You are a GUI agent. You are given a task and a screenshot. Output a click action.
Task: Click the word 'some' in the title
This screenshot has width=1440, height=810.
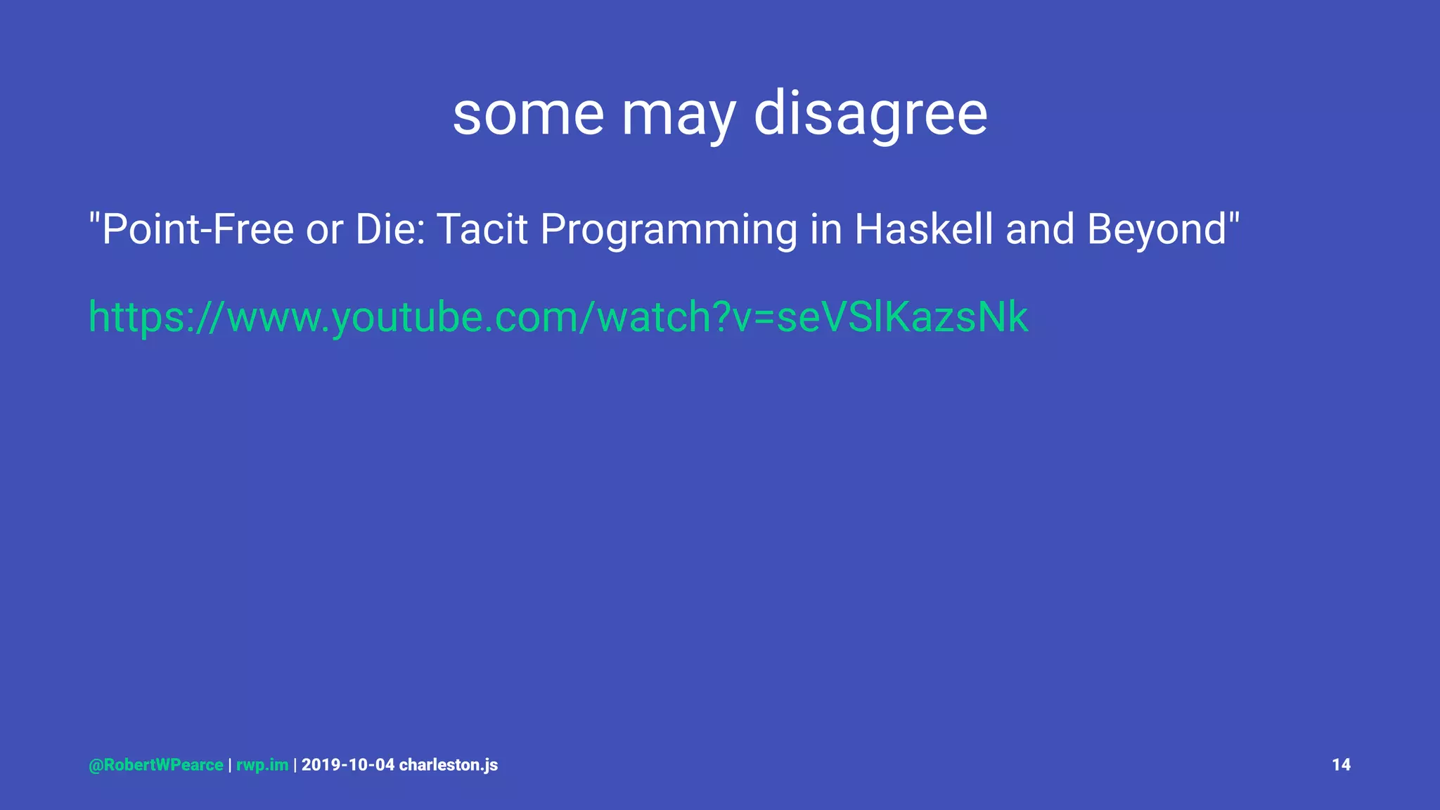(x=528, y=114)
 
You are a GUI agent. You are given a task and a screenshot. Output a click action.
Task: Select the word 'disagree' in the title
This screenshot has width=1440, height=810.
(x=870, y=114)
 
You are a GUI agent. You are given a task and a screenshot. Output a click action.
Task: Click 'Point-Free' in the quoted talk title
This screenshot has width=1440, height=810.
(x=197, y=230)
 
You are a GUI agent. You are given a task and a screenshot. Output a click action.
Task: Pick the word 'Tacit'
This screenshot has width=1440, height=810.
(x=482, y=229)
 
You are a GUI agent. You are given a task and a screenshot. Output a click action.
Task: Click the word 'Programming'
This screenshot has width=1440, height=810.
(x=669, y=231)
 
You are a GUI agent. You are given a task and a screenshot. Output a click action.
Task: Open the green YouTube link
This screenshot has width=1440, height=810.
(x=558, y=317)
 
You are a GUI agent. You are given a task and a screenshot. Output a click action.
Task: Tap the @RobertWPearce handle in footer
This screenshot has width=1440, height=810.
(x=156, y=765)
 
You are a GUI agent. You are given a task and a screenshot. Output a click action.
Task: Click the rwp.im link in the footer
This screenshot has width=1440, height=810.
(x=262, y=766)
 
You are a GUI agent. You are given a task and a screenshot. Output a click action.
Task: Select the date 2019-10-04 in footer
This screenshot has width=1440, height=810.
(x=348, y=765)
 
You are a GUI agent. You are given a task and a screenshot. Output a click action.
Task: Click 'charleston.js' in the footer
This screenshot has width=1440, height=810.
(x=449, y=765)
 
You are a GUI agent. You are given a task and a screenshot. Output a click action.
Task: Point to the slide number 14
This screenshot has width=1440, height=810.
(x=1341, y=765)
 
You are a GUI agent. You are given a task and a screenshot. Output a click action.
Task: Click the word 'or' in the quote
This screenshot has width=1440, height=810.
(x=324, y=230)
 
